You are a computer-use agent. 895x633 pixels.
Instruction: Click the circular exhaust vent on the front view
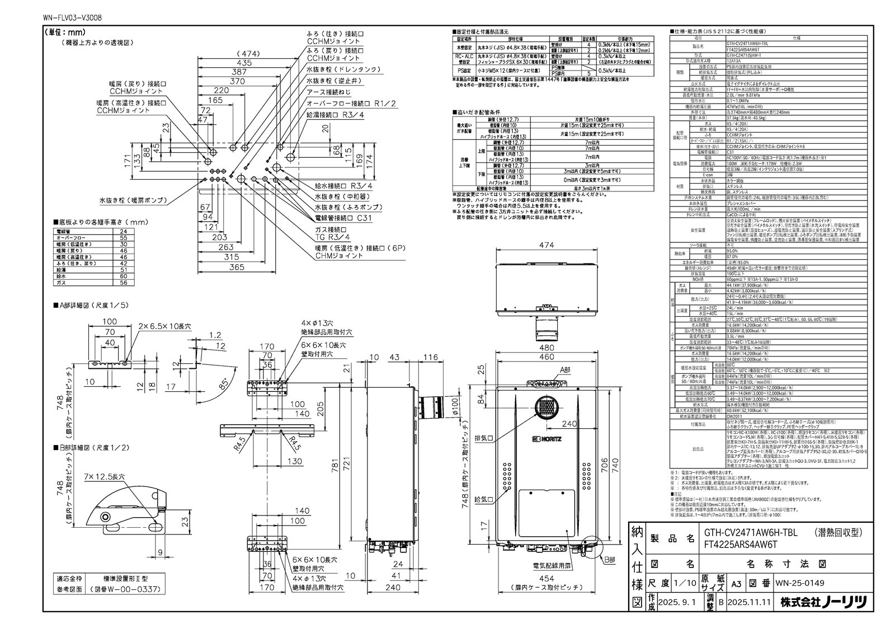click(545, 408)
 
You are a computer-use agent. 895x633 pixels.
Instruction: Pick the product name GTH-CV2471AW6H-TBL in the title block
click(736, 534)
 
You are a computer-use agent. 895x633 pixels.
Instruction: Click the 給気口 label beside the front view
click(482, 499)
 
